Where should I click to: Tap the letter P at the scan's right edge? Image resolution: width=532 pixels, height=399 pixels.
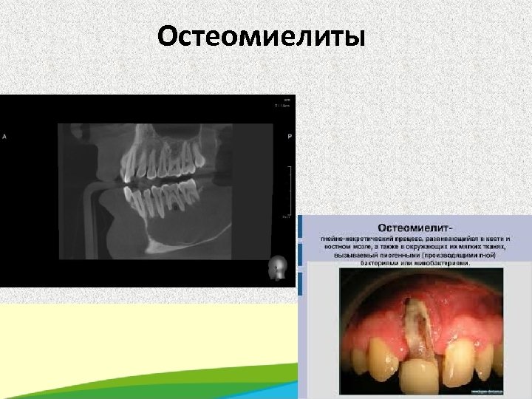pos(289,137)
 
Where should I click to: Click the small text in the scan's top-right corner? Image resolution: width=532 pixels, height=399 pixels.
pos(283,103)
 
